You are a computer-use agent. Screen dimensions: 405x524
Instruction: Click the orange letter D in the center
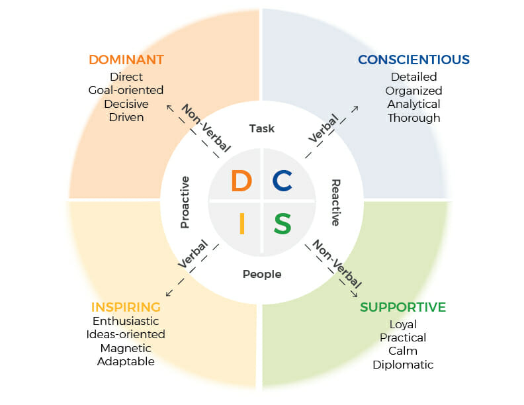coord(241,181)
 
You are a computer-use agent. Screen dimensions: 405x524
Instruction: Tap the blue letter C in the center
coord(283,181)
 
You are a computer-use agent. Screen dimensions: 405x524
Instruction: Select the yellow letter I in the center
coord(241,223)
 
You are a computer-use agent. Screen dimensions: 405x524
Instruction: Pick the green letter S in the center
coord(283,223)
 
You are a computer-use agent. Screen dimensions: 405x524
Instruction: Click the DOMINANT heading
coord(126,60)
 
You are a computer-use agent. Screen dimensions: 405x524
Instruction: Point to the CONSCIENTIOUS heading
coord(414,60)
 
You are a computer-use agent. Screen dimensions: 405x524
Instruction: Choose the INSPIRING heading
coord(126,307)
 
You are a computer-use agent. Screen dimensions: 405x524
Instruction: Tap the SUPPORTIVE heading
coord(402,307)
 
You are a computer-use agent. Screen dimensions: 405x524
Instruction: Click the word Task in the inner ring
coord(262,128)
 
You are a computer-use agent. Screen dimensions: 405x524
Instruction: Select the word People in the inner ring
coord(262,274)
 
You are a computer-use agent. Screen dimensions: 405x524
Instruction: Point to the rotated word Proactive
coord(186,202)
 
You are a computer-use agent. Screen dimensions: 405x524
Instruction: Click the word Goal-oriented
coord(126,90)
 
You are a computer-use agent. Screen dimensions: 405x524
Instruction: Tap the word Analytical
coord(414,104)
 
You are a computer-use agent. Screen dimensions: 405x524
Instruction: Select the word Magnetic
coord(126,348)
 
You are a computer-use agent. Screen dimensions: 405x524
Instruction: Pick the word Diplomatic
coord(402,365)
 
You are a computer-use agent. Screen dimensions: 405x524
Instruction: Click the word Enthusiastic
coord(126,321)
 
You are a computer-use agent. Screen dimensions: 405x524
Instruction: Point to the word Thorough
coord(414,118)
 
